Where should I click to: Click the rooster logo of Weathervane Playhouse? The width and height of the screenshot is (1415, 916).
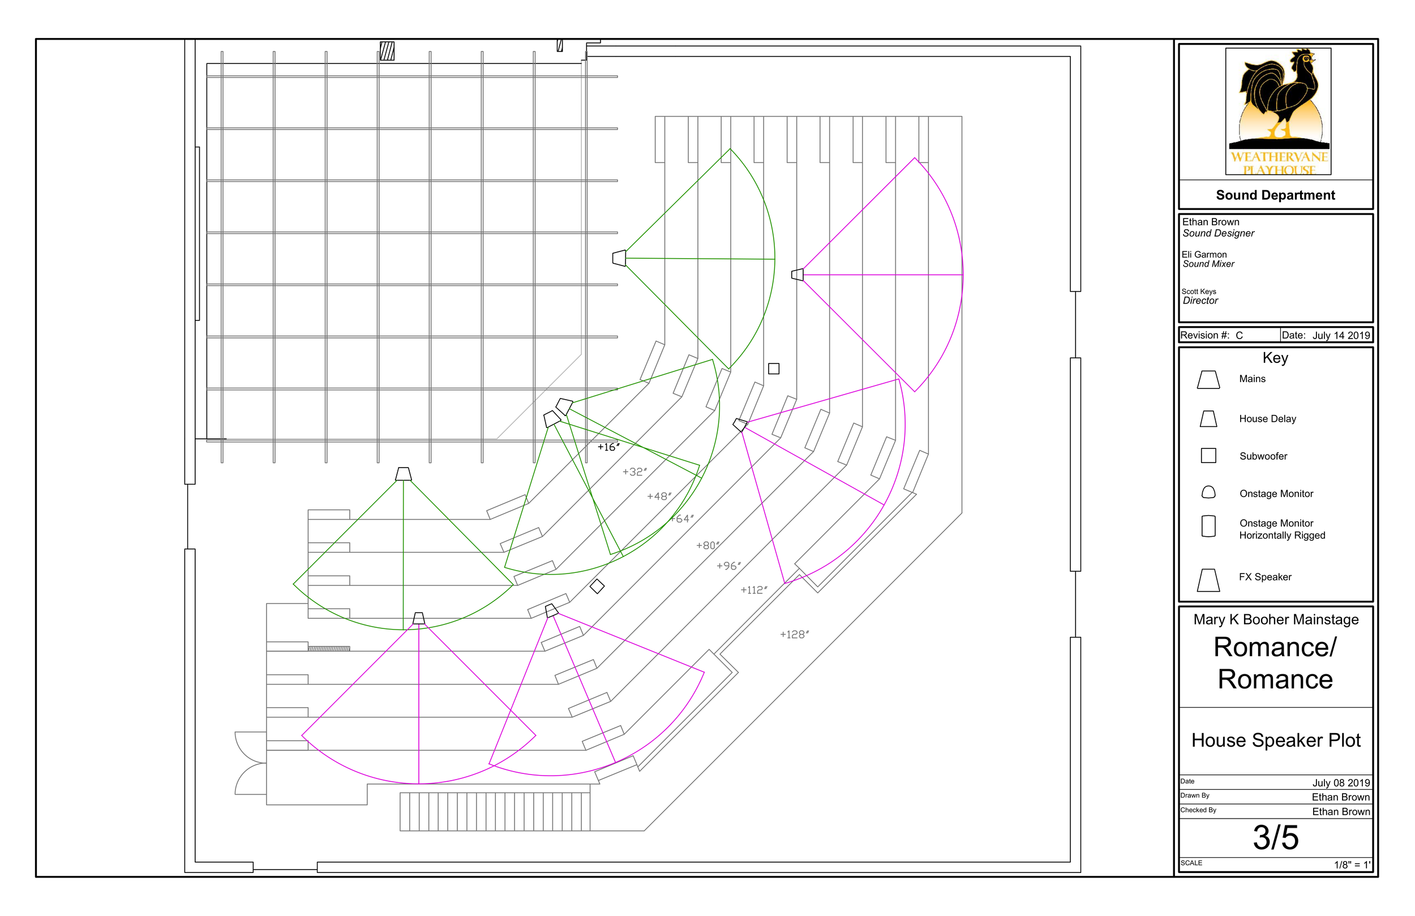tap(1278, 101)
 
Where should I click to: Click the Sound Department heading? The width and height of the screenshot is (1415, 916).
tap(1275, 195)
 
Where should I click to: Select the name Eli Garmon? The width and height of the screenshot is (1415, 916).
tap(1204, 255)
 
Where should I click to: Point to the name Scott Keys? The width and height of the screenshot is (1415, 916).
tap(1199, 292)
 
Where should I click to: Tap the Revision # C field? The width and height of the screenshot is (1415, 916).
tap(1212, 336)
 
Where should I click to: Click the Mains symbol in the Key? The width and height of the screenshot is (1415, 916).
tap(1208, 380)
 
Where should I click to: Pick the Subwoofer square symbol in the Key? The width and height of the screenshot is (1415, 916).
tap(1208, 456)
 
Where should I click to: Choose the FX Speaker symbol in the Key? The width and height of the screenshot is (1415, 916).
tap(1208, 580)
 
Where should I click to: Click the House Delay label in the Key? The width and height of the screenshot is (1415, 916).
tap(1267, 419)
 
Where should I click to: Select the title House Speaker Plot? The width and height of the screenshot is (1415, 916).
tap(1276, 740)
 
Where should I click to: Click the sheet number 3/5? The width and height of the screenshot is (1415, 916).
tap(1276, 837)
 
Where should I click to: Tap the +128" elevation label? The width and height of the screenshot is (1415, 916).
tap(794, 635)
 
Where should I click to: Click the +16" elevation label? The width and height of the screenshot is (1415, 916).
tap(608, 447)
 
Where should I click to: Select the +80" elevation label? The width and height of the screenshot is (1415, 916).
tap(707, 545)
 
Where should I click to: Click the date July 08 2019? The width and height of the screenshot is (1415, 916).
tap(1341, 783)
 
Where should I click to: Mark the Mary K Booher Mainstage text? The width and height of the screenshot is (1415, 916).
tap(1276, 620)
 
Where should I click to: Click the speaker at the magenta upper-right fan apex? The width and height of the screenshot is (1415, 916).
tap(797, 275)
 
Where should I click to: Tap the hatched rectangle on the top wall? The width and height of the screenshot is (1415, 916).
tap(387, 51)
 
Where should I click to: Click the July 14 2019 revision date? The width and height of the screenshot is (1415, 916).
tap(1341, 336)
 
